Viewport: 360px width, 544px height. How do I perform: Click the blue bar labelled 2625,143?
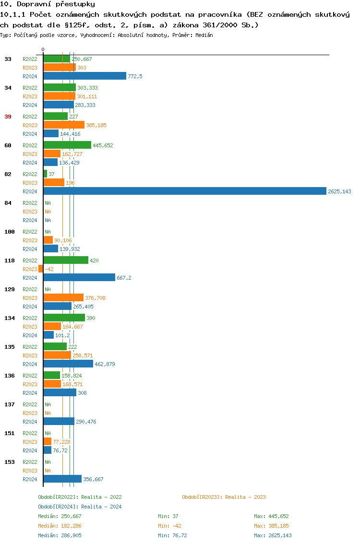185,191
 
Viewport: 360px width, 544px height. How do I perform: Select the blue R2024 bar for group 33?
85,76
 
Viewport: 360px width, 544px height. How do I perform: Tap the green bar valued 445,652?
67,145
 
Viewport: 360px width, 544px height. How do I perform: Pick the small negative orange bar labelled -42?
41,269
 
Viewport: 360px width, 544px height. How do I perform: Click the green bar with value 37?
45,174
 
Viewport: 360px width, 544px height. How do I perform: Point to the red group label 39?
8,117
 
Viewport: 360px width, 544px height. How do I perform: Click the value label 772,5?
135,76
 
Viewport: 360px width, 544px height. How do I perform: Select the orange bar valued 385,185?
64,125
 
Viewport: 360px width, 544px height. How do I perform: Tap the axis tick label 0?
43,49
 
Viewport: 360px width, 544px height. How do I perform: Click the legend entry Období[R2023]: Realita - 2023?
224,497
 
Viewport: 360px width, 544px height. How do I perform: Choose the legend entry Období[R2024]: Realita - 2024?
80,507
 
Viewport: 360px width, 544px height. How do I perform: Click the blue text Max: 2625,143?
273,535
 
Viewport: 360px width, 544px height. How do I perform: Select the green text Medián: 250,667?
60,516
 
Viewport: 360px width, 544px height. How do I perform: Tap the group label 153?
9,462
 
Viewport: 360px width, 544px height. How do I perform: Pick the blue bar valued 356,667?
62,479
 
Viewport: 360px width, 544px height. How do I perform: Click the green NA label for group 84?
48,203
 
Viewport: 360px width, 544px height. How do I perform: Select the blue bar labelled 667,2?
79,277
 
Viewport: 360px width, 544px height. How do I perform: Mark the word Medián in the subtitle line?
205,35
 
